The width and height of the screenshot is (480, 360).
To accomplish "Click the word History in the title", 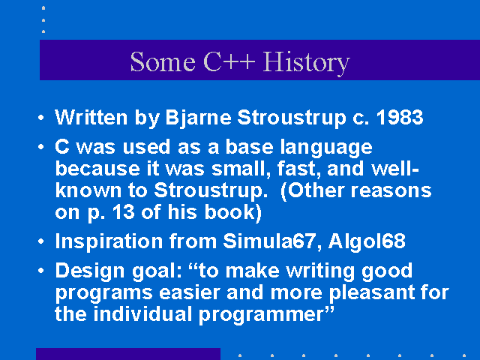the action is click(x=306, y=62).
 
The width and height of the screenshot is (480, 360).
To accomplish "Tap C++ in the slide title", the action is click(x=229, y=61).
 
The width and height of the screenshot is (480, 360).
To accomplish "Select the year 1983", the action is click(x=400, y=117).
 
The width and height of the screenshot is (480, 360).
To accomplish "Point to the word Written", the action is click(x=91, y=117).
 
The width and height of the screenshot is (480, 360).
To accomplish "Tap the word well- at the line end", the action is click(x=395, y=169).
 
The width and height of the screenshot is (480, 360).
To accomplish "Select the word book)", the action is click(x=232, y=212).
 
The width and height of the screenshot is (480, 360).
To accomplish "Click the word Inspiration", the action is click(x=109, y=242).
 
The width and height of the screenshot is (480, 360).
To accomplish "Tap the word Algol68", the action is click(x=367, y=242).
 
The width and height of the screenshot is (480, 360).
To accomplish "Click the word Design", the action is click(x=90, y=271).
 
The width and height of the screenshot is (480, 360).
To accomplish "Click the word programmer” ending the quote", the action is click(x=266, y=315).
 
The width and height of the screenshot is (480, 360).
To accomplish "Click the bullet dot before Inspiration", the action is click(x=41, y=241).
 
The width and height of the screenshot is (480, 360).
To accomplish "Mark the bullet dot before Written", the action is click(x=41, y=118).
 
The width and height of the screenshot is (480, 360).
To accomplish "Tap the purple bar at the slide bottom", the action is click(x=128, y=354).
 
